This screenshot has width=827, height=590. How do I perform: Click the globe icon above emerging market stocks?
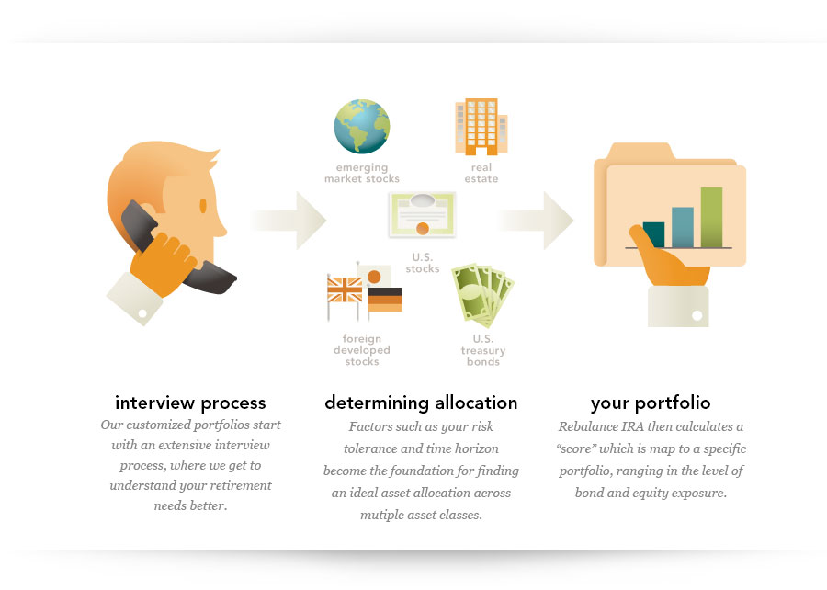point(362,127)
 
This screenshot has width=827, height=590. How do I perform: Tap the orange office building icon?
point(481,127)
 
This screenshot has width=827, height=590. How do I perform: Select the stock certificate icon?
point(422,214)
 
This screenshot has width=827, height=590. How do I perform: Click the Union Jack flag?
point(345,290)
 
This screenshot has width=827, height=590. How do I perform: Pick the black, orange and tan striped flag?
point(384,300)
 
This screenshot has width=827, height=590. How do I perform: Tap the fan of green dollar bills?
point(482,294)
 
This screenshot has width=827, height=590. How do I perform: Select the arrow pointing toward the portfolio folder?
point(535,221)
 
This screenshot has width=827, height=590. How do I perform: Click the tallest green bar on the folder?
point(711,217)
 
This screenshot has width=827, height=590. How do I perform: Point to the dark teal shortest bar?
point(654,234)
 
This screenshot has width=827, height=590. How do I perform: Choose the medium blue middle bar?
point(683,227)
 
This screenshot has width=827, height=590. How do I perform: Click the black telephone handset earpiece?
point(138,224)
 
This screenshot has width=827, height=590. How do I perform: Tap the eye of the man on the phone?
point(203,206)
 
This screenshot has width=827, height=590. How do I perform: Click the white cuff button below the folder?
point(697,315)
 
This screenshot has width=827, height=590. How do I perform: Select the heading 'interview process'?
point(190,403)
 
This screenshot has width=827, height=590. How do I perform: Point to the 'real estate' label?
point(481,173)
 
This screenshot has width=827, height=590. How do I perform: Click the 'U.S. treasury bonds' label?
point(483,350)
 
